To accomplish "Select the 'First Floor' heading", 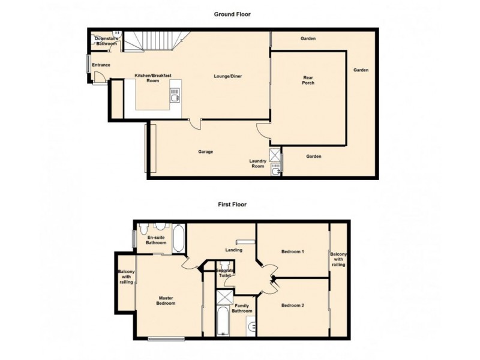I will (232, 204).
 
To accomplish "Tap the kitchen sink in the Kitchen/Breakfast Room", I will (175, 95).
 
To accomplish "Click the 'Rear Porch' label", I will (308, 80).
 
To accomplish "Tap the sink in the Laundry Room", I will (275, 170).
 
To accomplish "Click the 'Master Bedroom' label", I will (166, 300).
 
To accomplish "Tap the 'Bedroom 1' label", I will (293, 252).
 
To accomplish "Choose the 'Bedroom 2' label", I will (293, 305).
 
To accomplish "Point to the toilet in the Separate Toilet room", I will (226, 265).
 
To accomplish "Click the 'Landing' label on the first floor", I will (233, 250).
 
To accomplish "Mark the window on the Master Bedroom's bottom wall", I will (166, 339).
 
